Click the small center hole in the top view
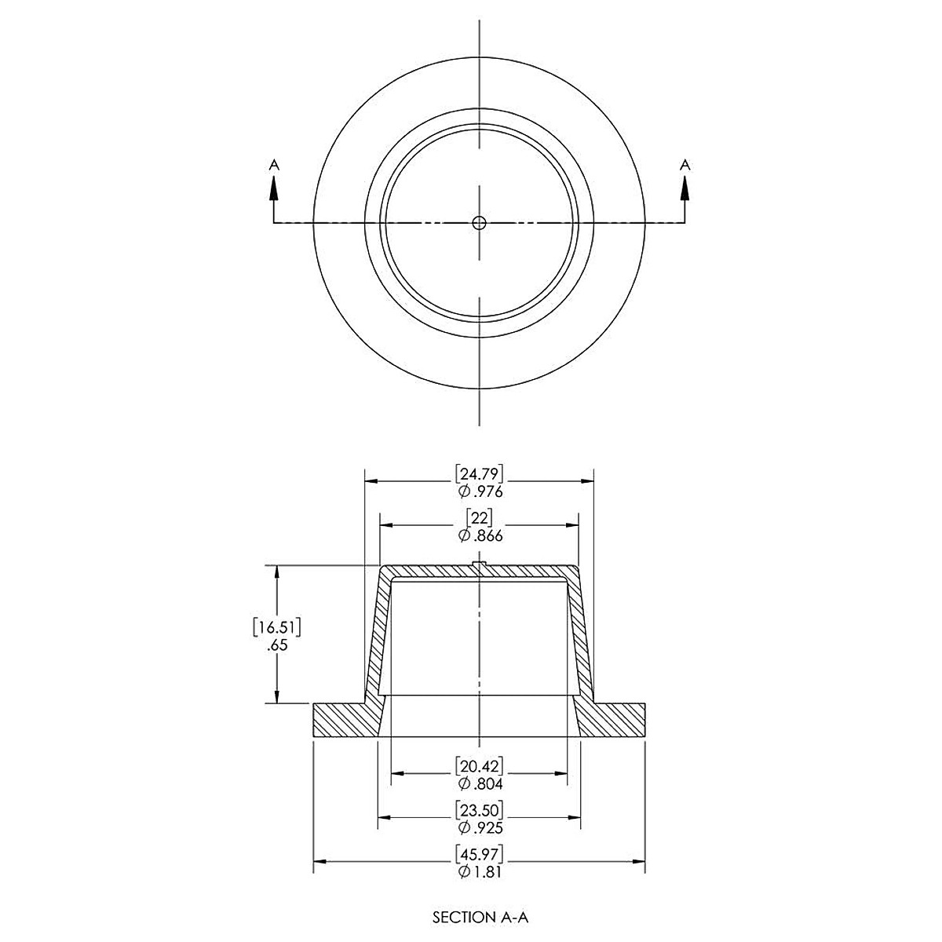[479, 223]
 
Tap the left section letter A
[273, 164]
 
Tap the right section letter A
[685, 164]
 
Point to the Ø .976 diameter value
[479, 492]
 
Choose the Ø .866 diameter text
[479, 536]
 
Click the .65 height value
[277, 646]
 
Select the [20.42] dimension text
[479, 765]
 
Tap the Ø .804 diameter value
[479, 783]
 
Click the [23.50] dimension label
[479, 809]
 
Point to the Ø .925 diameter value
[479, 827]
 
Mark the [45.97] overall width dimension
[479, 853]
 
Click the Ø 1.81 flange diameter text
[479, 872]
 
